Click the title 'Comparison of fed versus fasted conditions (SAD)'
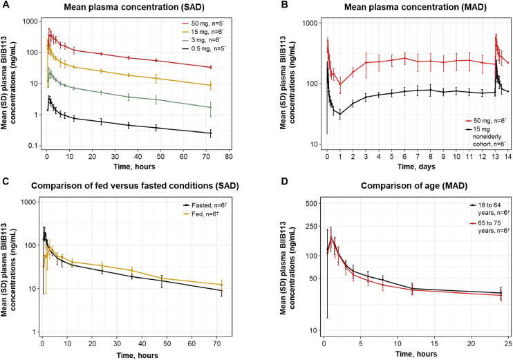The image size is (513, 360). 142,188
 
